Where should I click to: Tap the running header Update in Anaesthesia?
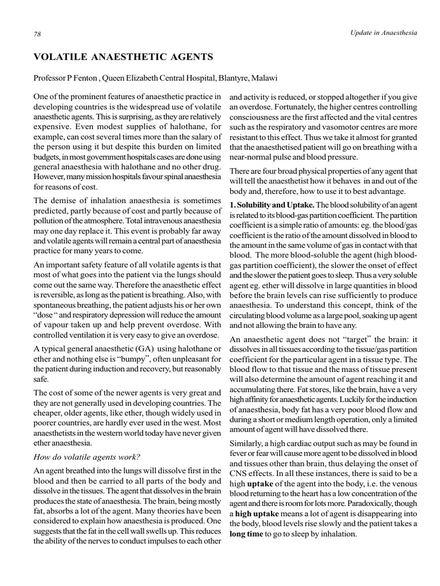click(x=383, y=33)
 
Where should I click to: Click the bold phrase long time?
click(x=248, y=534)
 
